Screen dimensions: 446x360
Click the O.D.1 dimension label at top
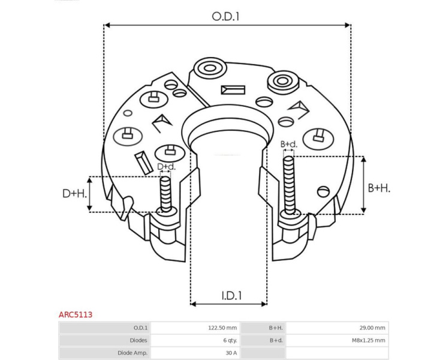[x=225, y=17]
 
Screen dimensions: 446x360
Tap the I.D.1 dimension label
[x=231, y=296]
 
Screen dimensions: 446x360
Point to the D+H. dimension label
[x=74, y=194]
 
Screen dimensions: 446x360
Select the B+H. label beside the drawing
[x=379, y=188]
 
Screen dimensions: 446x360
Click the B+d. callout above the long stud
[x=289, y=144]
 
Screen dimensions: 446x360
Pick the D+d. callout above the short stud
[x=167, y=166]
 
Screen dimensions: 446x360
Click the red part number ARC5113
[x=76, y=314]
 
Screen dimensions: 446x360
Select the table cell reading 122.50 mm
[x=222, y=328]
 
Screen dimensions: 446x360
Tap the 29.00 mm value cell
[x=372, y=328]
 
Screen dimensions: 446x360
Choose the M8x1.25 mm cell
[x=368, y=340]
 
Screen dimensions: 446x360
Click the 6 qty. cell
[x=230, y=340]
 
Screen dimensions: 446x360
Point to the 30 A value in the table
[x=231, y=353]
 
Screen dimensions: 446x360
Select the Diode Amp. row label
[x=132, y=353]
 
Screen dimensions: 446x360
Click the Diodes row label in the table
[x=138, y=340]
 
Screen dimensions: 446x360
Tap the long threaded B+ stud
[x=289, y=185]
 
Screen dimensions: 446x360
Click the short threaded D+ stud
[x=165, y=194]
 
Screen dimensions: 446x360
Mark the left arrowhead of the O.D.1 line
[x=107, y=25]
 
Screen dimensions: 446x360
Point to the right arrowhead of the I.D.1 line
[x=264, y=304]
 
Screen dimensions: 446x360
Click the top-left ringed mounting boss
[x=210, y=68]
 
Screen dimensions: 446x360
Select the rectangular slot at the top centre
[x=233, y=90]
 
